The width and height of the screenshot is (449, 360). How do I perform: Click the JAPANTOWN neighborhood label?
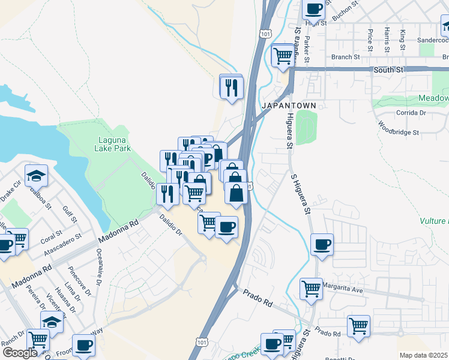(x=288, y=106)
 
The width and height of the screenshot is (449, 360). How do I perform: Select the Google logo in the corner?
(x=20, y=352)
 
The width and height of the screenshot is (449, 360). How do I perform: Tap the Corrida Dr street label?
(x=411, y=112)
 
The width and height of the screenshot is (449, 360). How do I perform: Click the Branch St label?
(x=345, y=57)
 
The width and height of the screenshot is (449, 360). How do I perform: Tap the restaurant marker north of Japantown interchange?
(x=231, y=87)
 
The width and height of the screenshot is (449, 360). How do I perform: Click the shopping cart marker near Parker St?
(x=283, y=55)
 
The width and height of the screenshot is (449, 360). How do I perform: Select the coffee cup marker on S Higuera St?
(x=322, y=244)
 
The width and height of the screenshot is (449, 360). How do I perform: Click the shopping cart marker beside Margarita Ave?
(x=312, y=288)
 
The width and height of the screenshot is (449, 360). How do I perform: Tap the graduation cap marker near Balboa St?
(x=37, y=176)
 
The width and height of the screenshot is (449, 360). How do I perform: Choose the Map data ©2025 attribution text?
(x=424, y=355)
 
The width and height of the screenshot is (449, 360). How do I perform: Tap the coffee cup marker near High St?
(x=314, y=9)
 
